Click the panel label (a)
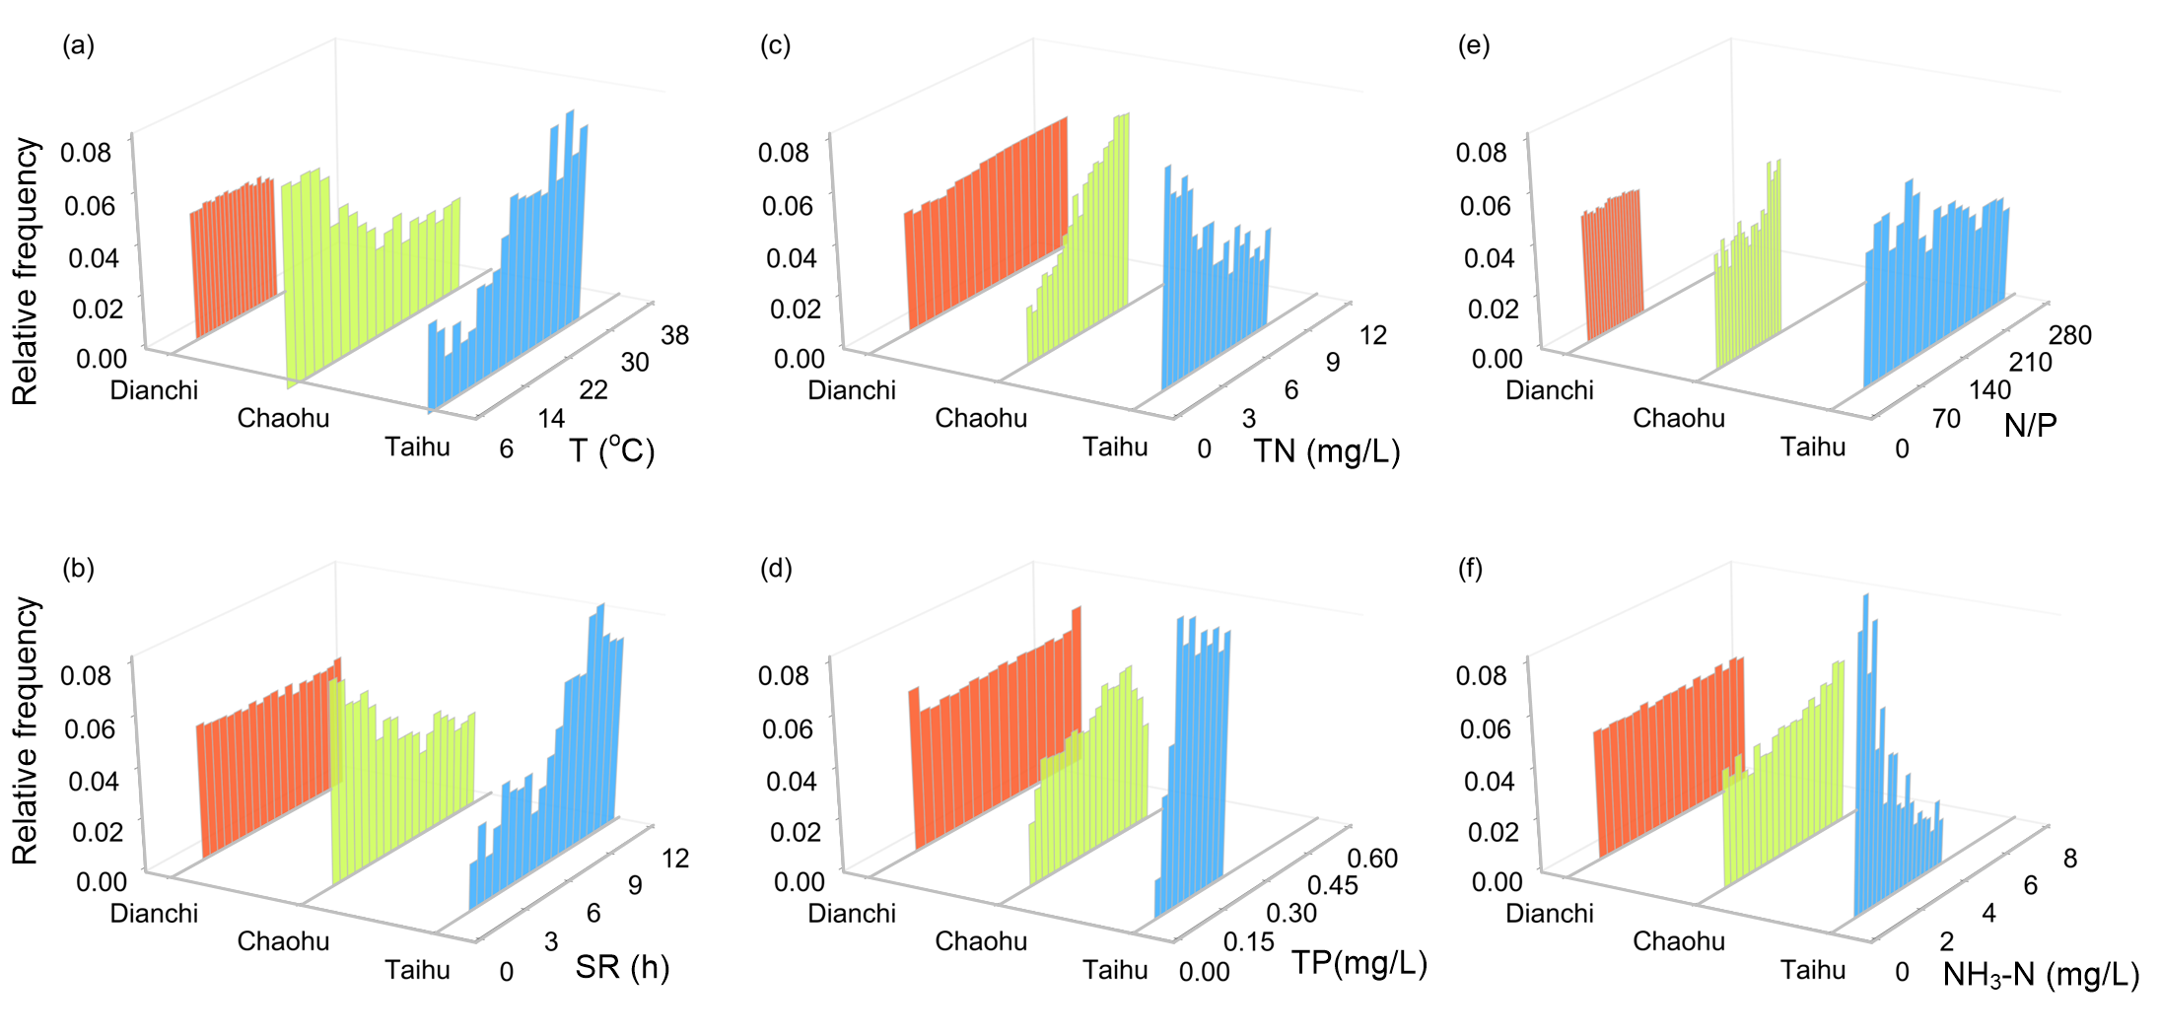(x=78, y=45)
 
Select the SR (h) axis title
(x=622, y=967)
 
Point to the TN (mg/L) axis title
(x=1326, y=450)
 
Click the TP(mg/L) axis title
(x=1359, y=962)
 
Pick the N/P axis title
(x=2031, y=425)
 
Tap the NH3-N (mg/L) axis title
(x=2040, y=974)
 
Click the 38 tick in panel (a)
(x=674, y=335)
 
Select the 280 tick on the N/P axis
(x=2069, y=335)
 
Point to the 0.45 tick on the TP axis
(x=1333, y=884)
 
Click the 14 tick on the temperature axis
(x=551, y=419)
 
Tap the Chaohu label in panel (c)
(x=981, y=418)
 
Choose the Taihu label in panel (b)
(x=417, y=970)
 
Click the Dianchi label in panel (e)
(x=1549, y=390)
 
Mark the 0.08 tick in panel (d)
(x=783, y=675)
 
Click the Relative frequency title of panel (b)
(x=25, y=730)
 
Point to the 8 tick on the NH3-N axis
(x=2069, y=858)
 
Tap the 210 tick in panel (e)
(x=2030, y=363)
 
